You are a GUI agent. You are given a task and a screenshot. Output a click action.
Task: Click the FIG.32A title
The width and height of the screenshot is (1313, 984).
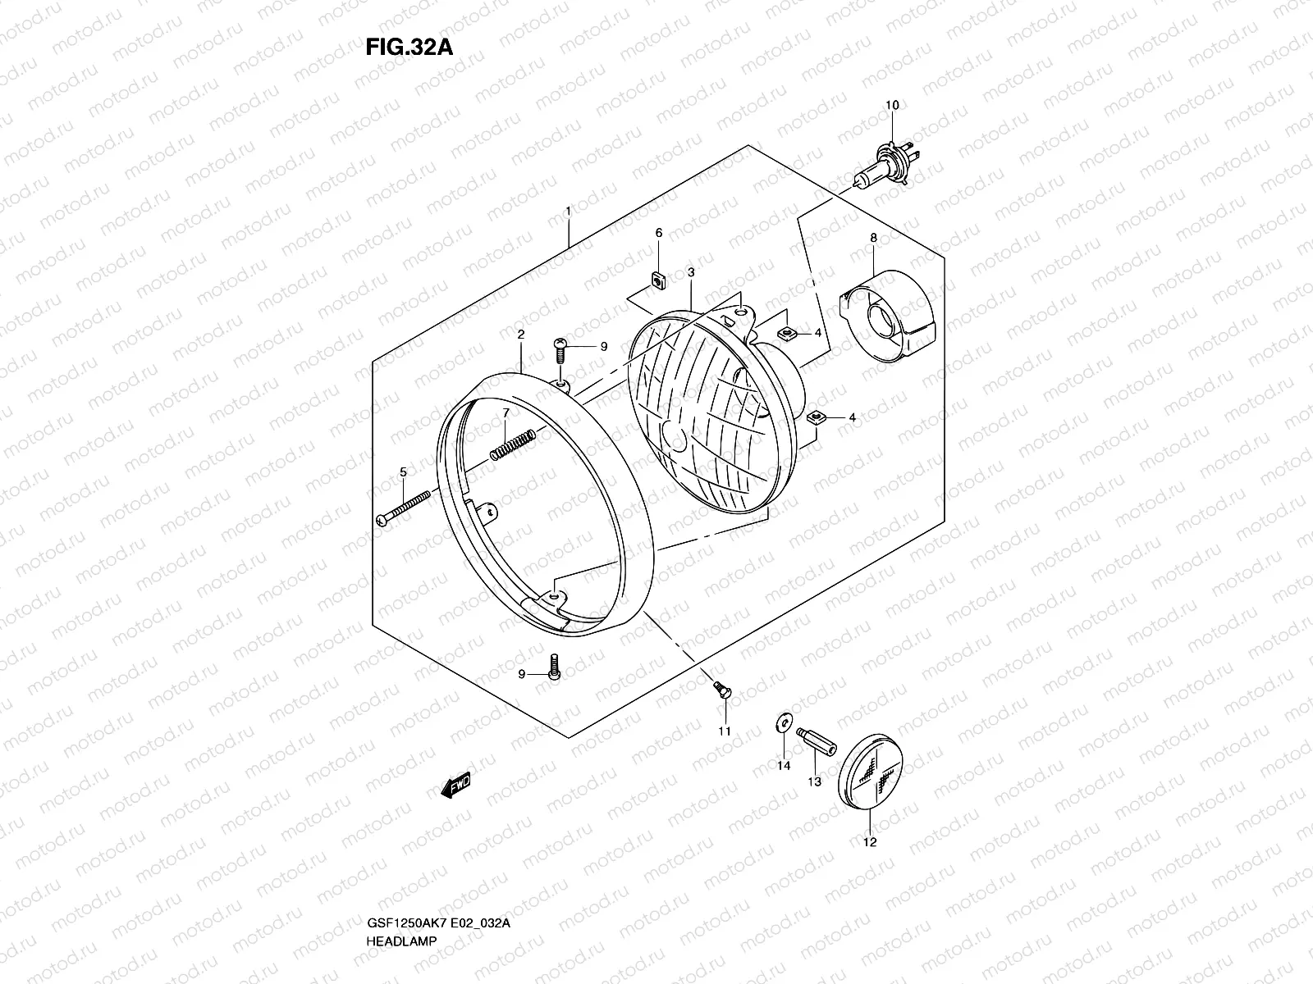click(x=409, y=47)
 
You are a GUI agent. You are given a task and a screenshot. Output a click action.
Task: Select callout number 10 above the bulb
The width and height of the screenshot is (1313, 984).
click(x=892, y=105)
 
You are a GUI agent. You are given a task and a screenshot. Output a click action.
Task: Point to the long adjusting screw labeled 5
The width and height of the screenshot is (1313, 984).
click(x=405, y=508)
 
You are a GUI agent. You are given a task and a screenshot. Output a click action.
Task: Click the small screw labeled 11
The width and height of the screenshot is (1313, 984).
click(x=721, y=690)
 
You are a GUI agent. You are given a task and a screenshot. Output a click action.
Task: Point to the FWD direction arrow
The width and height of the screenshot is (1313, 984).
click(x=455, y=788)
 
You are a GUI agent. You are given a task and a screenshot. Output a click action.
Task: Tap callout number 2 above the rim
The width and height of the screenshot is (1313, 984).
click(x=520, y=335)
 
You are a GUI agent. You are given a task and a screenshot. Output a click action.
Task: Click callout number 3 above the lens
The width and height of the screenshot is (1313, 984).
click(x=692, y=272)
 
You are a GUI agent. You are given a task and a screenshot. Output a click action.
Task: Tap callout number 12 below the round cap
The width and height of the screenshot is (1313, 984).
click(x=870, y=841)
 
